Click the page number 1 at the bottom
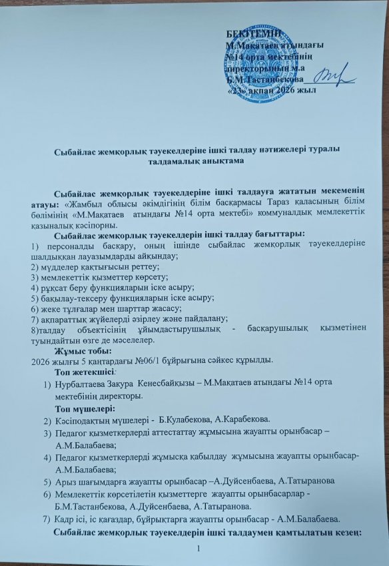point(198,547)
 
